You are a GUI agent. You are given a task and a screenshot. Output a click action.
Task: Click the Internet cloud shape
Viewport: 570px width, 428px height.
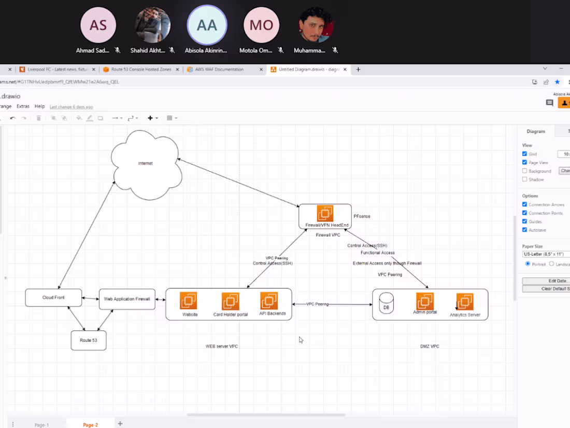[146, 164]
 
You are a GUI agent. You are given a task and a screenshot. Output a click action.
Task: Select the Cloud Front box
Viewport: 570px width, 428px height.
[53, 298]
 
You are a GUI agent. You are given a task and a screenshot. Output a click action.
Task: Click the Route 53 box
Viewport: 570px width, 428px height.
[88, 340]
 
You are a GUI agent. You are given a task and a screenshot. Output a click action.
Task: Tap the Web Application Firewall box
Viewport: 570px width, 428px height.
[127, 299]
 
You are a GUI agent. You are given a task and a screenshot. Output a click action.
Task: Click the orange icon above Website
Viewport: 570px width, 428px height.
[188, 301]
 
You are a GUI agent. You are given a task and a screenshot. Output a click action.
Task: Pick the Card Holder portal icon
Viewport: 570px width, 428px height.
[230, 301]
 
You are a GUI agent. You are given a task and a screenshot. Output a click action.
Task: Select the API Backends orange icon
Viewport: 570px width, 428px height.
[269, 301]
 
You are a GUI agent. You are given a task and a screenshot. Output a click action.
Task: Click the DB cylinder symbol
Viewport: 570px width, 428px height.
[386, 303]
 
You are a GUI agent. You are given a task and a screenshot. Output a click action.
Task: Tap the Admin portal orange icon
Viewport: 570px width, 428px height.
[425, 301]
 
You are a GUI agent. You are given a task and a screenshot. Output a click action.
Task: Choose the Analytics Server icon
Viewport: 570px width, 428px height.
[465, 302]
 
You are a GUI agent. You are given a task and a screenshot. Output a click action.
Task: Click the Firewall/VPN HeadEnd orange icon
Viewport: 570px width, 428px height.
[325, 214]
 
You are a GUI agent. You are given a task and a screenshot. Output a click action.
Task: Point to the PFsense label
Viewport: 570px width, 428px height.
[362, 216]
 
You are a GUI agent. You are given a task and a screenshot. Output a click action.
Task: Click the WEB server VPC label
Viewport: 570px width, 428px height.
[222, 346]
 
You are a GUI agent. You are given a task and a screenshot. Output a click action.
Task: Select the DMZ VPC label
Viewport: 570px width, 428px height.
[430, 346]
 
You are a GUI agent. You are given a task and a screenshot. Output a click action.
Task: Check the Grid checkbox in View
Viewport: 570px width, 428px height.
[524, 154]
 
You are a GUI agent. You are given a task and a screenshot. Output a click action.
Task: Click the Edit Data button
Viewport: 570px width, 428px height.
[546, 281]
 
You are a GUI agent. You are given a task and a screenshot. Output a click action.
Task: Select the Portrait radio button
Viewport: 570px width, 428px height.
[528, 264]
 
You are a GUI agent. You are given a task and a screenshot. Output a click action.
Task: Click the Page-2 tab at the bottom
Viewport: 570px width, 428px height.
[90, 425]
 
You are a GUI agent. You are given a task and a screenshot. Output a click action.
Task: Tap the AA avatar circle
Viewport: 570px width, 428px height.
[207, 25]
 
